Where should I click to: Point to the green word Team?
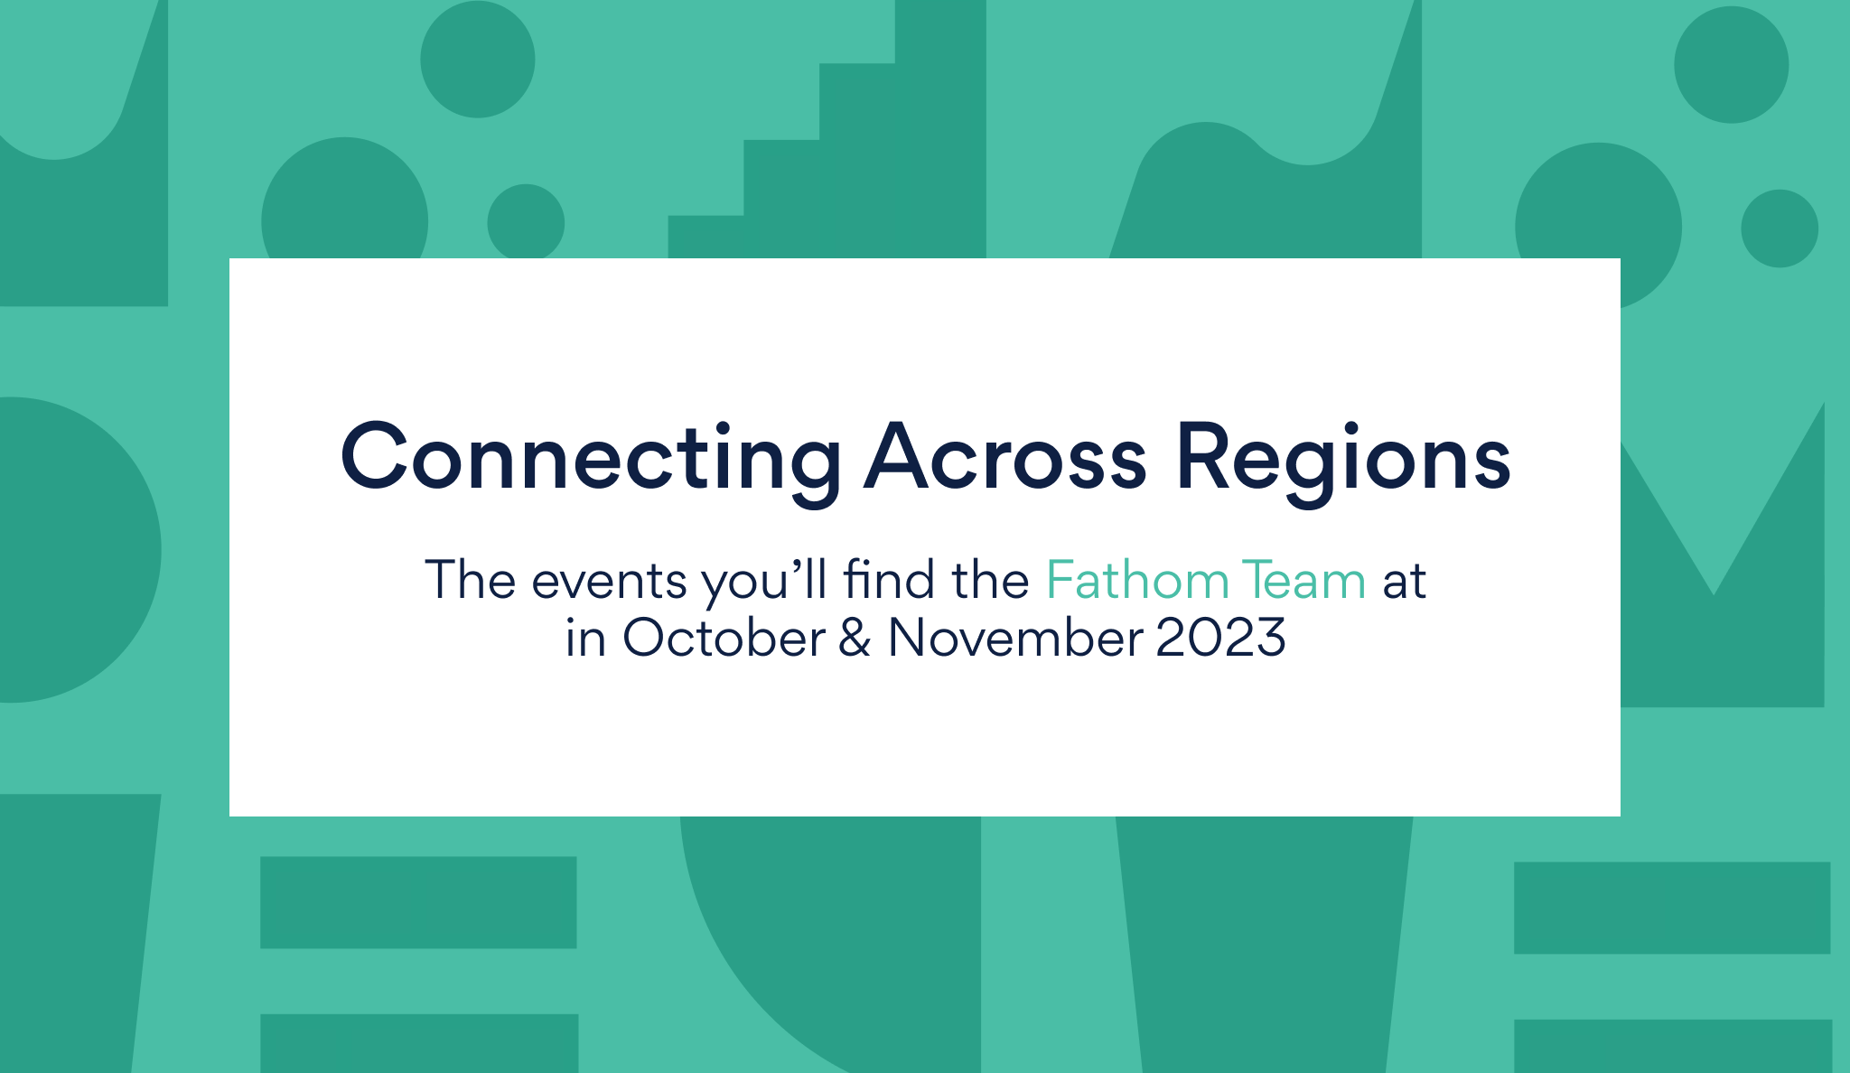point(1303,580)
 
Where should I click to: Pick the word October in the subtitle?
point(724,637)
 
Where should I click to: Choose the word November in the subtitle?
point(1015,637)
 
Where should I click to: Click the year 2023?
point(1221,637)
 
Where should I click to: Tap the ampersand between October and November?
point(855,637)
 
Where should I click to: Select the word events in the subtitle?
point(609,581)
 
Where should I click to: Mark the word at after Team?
point(1404,581)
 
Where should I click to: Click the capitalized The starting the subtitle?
point(471,579)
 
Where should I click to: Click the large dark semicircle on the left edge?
point(72,549)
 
